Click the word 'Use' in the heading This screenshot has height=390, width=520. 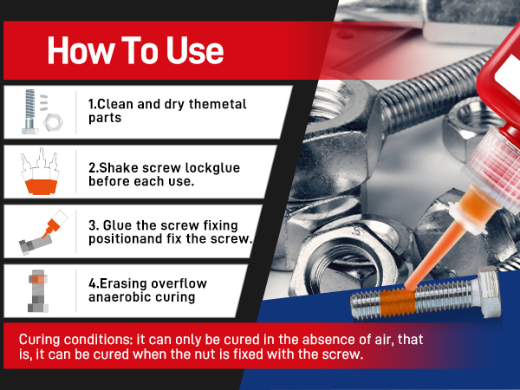coord(195,50)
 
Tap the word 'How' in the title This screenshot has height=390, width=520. coord(80,50)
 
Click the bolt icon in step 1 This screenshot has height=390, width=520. coord(29,112)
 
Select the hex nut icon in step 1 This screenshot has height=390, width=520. coord(54,122)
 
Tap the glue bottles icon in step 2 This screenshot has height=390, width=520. coord(40,171)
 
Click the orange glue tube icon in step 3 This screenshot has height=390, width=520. coord(54,224)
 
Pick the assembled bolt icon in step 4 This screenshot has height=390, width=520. coord(38,291)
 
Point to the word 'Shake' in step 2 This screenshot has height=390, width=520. coord(119,168)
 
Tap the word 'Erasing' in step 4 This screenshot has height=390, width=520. coord(123,284)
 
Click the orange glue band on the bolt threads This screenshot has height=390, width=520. coord(398,302)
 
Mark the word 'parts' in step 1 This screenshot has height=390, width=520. coord(105,119)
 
